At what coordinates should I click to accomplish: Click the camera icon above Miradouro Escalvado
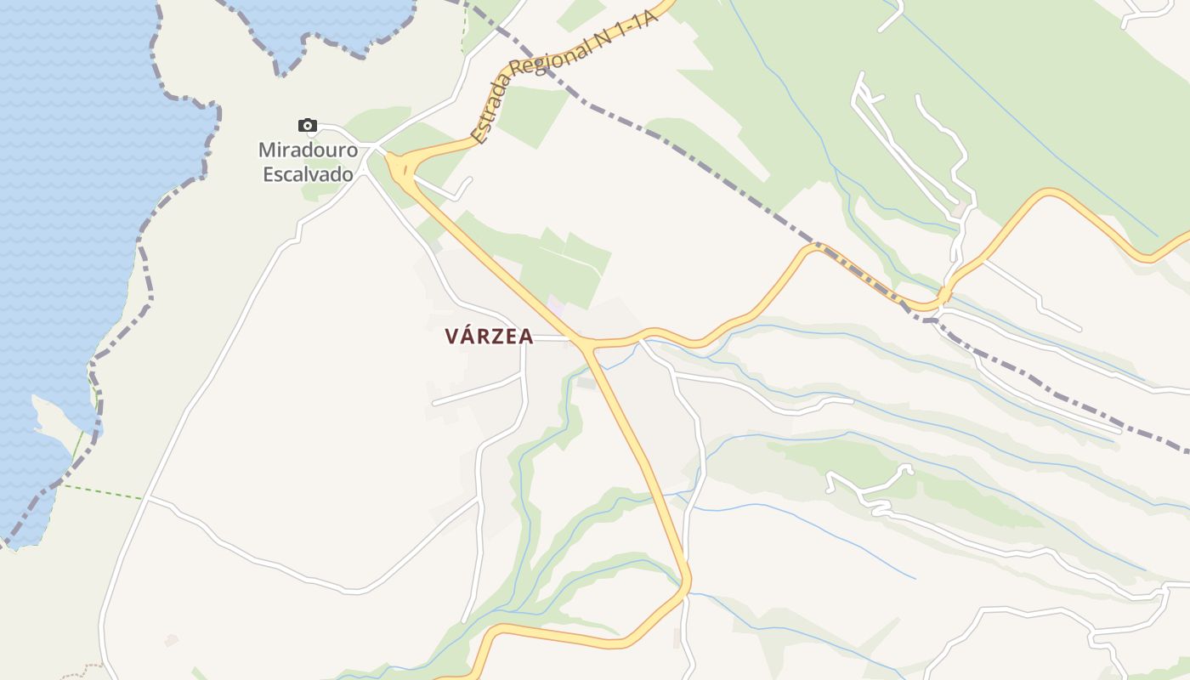tap(308, 126)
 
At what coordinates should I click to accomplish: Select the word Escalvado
tap(307, 174)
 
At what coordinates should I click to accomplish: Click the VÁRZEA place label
tap(489, 337)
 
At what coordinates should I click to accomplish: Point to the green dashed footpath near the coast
tap(102, 491)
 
